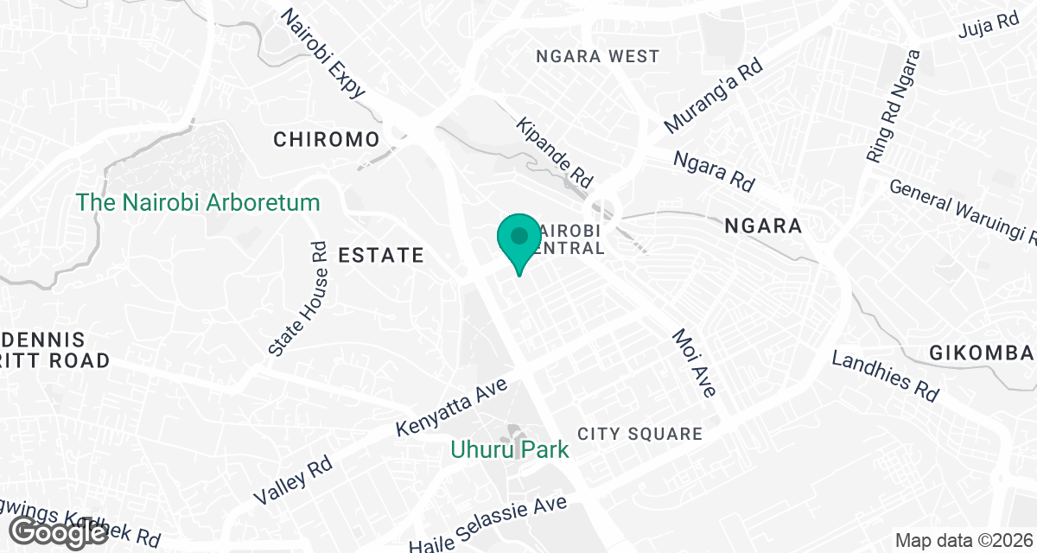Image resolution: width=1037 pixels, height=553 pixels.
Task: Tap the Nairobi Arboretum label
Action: pyautogui.click(x=198, y=203)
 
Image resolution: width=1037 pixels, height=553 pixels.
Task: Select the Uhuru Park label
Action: pyautogui.click(x=510, y=449)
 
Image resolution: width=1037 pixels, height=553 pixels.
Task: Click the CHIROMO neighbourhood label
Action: pyautogui.click(x=327, y=139)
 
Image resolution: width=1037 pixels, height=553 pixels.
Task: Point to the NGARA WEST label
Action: pyautogui.click(x=598, y=57)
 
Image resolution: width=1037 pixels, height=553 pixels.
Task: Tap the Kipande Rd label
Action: pyautogui.click(x=555, y=153)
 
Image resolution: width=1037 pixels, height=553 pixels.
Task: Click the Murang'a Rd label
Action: pyautogui.click(x=714, y=95)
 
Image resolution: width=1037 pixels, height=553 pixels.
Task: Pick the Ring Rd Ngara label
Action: pyautogui.click(x=894, y=105)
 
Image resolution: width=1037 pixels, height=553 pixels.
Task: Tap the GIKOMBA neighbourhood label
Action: pyautogui.click(x=981, y=353)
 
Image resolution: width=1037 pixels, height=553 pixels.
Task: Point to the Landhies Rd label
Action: pyautogui.click(x=885, y=375)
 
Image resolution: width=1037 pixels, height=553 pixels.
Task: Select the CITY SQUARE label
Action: pyautogui.click(x=640, y=434)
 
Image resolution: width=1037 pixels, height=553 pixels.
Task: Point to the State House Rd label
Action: pyautogui.click(x=298, y=298)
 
